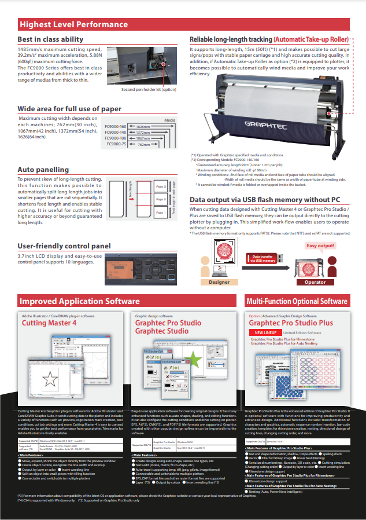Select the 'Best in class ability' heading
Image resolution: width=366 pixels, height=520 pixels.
point(51,39)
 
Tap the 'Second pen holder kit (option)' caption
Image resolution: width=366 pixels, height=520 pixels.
point(149,90)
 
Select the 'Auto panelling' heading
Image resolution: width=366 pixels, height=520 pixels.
point(43,170)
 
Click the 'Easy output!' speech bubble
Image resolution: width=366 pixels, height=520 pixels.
point(321,246)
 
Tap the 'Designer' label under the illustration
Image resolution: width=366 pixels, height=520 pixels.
point(219,282)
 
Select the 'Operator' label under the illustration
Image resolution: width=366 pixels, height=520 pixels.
point(315,282)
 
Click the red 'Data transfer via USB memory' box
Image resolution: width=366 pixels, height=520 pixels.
point(263,258)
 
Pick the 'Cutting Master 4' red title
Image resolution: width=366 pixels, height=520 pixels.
point(49,323)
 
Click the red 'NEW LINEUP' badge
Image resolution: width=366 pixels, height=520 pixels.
point(266,332)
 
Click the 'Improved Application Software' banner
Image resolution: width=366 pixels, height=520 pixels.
point(80,301)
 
